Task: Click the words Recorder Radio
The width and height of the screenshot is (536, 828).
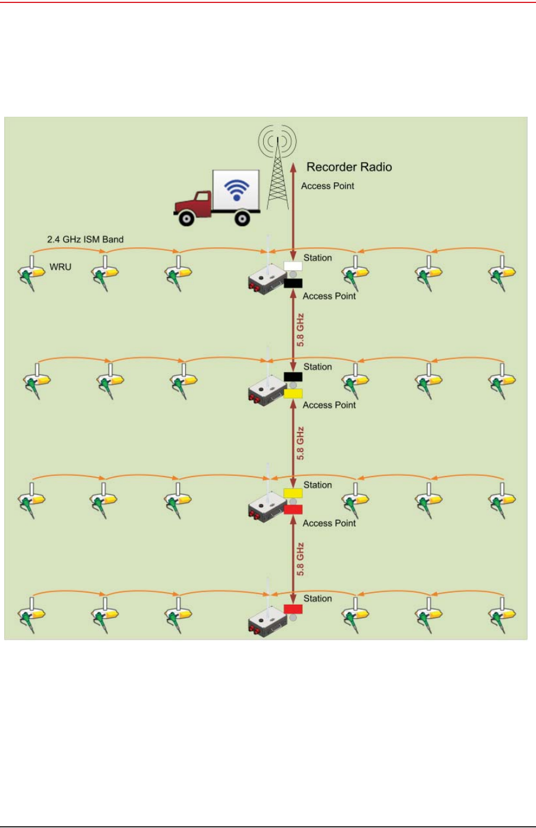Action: pyautogui.click(x=349, y=167)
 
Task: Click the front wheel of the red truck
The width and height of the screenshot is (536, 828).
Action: pyautogui.click(x=187, y=219)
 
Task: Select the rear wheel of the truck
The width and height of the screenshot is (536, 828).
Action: pyautogui.click(x=242, y=219)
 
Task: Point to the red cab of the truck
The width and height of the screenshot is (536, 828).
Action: pyautogui.click(x=193, y=203)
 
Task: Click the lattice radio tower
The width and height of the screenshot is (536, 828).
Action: pyautogui.click(x=278, y=179)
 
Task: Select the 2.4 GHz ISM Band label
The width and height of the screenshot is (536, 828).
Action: pyautogui.click(x=85, y=239)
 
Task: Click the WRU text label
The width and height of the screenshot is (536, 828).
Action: pyautogui.click(x=60, y=267)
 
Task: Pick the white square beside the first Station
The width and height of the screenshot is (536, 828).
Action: pyautogui.click(x=293, y=266)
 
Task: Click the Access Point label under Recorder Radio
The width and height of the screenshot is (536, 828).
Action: pyautogui.click(x=328, y=186)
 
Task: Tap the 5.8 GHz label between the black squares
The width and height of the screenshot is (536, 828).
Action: pyautogui.click(x=301, y=330)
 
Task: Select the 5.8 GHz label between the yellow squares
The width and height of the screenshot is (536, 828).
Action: pyautogui.click(x=301, y=443)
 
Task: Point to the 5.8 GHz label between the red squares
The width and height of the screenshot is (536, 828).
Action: pyautogui.click(x=301, y=559)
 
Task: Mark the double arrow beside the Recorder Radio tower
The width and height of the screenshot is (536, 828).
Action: pyautogui.click(x=293, y=208)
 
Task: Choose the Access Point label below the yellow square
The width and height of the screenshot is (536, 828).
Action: pyautogui.click(x=329, y=405)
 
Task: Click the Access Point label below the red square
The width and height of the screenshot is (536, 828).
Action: pyautogui.click(x=329, y=523)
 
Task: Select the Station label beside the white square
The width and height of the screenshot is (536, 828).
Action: pyautogui.click(x=317, y=258)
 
